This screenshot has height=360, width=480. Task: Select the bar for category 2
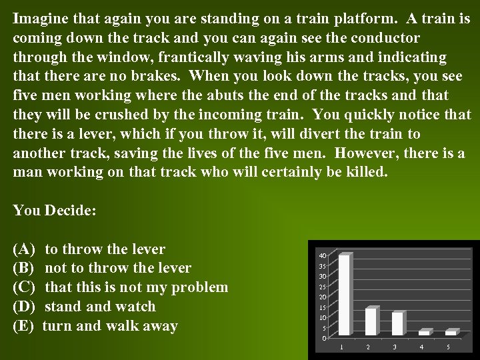[x=371, y=321]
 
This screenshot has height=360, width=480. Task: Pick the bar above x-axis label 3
[x=397, y=323]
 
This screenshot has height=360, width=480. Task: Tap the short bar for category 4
[x=424, y=332]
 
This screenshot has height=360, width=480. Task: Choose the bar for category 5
[x=451, y=332]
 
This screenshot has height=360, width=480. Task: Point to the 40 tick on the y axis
[x=323, y=256]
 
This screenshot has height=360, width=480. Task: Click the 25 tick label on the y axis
[x=323, y=287]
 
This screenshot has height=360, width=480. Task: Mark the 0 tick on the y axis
[x=324, y=338]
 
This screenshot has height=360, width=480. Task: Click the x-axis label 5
[x=448, y=347]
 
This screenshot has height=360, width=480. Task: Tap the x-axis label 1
[x=342, y=347]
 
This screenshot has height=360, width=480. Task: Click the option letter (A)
[x=24, y=249]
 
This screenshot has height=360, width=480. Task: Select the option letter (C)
[x=24, y=287]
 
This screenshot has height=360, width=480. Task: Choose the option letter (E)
[x=23, y=326]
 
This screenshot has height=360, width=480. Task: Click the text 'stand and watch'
[x=100, y=307]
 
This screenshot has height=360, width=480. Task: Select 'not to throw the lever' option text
[x=117, y=268]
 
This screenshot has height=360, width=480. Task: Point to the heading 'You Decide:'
[x=55, y=211]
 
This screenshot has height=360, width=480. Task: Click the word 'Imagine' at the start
[x=37, y=18]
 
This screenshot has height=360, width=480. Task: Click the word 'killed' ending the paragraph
[x=362, y=172]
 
